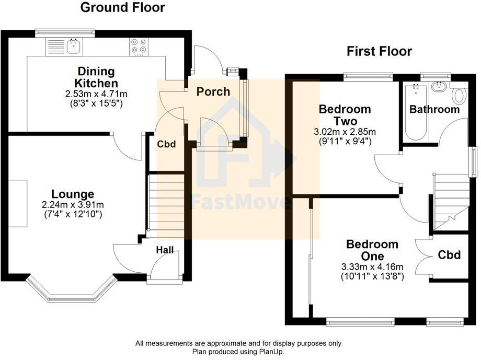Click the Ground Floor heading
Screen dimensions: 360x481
pos(122,7)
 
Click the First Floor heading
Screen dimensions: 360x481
pos(380,51)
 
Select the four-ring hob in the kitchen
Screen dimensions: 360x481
pos(139,47)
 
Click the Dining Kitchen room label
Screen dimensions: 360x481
pos(96,77)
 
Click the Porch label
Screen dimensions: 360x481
pos(213,92)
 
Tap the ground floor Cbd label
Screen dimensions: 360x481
pos(166,144)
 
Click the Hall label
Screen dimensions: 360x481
pos(165,251)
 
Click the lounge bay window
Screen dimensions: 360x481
pos(71,290)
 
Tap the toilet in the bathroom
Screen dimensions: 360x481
pos(459,96)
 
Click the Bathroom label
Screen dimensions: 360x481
pos(434,110)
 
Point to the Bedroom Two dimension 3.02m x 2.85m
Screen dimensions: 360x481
pos(345,131)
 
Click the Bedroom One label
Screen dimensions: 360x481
pos(372,250)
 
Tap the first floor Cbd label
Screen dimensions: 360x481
pos(449,255)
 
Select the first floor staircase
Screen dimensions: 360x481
pos(450,201)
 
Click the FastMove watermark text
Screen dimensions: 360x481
pos(241,202)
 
